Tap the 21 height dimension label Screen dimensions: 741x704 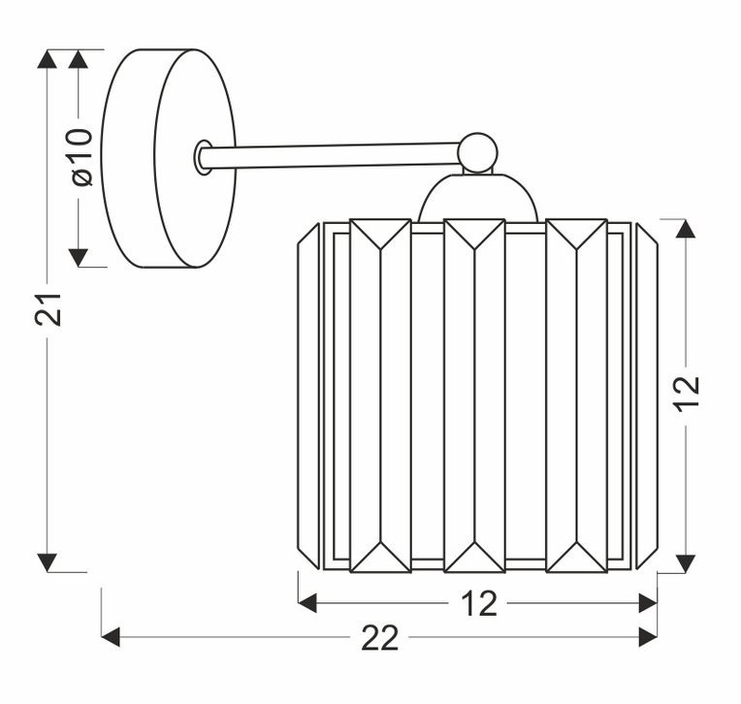click(x=48, y=310)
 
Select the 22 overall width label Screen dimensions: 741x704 click(x=380, y=638)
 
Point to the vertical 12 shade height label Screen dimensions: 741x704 click(x=687, y=394)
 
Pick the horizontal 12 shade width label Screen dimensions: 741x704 click(x=479, y=603)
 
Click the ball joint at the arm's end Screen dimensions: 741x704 click(x=478, y=152)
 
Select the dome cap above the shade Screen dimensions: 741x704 click(x=478, y=197)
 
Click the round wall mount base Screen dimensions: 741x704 click(x=169, y=158)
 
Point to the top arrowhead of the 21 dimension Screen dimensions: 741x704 click(x=47, y=59)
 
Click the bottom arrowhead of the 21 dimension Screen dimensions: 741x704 click(x=47, y=562)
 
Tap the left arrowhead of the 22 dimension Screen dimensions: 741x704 click(x=112, y=637)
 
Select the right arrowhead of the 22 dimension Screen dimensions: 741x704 click(x=648, y=637)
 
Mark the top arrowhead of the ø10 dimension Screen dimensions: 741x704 click(x=79, y=59)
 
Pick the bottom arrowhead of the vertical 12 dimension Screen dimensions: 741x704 click(x=686, y=563)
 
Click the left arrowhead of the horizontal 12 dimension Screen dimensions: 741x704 click(x=307, y=603)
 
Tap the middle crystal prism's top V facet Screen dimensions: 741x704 click(x=474, y=234)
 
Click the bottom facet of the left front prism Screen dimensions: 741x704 click(x=380, y=558)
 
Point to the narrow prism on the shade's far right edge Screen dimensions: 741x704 click(x=647, y=396)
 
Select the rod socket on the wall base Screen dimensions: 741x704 click(x=204, y=157)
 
